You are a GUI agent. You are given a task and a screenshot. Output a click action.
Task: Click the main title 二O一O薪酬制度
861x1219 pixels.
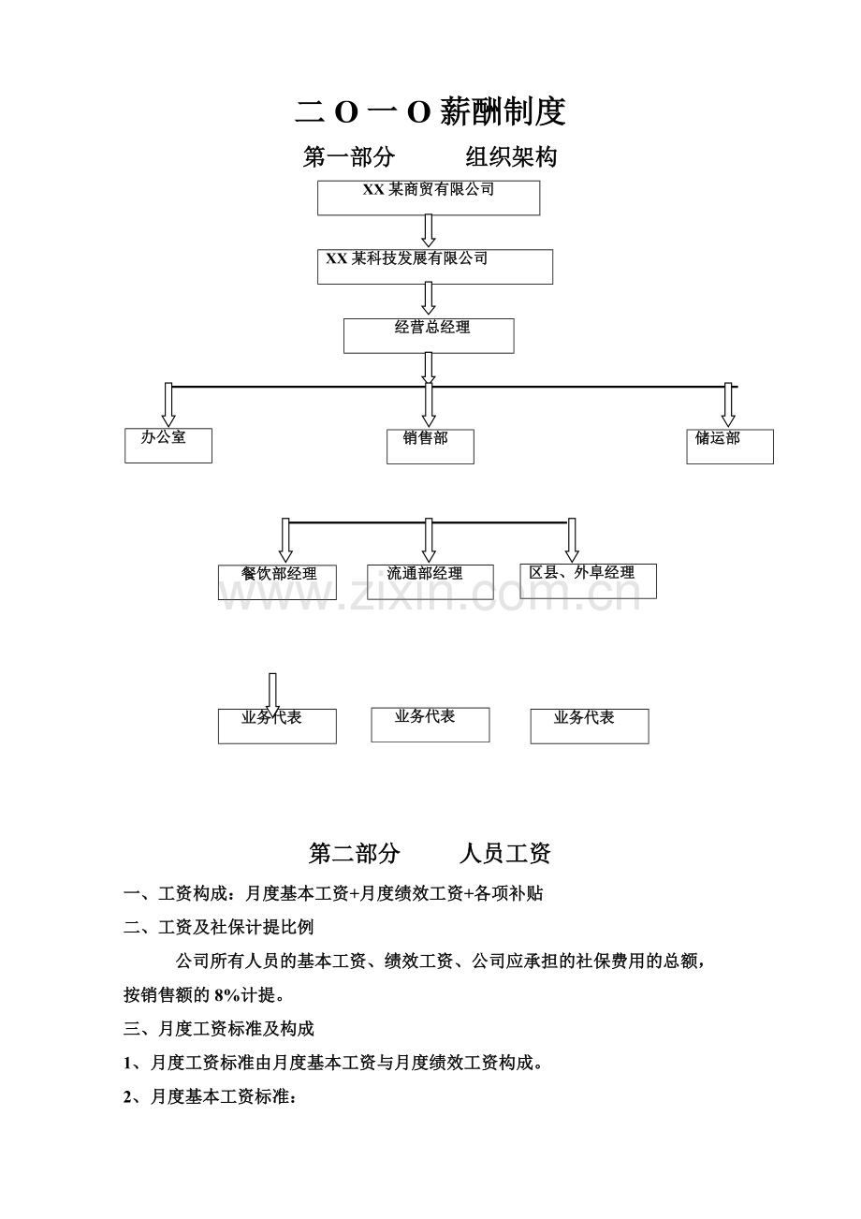click(430, 111)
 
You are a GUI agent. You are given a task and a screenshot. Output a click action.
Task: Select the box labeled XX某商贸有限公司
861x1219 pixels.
click(429, 198)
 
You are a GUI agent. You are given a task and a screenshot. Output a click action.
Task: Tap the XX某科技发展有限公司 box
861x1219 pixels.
click(435, 267)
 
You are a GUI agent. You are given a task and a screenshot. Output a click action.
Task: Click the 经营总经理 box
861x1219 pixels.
click(429, 336)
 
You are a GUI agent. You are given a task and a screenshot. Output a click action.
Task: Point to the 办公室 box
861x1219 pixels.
click(168, 446)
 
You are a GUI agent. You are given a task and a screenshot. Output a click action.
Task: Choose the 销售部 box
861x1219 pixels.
click(430, 447)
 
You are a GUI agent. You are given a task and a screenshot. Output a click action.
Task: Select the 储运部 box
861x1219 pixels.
click(730, 447)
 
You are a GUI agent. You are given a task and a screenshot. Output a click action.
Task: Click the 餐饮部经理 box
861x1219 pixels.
click(277, 582)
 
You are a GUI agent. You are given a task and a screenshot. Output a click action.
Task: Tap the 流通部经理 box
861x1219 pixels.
click(430, 582)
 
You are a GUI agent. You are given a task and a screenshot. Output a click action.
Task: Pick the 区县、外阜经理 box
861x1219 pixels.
click(588, 581)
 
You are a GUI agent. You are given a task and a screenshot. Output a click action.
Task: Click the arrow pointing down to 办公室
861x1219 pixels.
click(168, 404)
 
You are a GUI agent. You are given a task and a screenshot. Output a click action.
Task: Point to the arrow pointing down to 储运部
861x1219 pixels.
click(728, 404)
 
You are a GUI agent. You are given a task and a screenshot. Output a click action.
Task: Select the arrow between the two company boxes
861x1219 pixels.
click(429, 230)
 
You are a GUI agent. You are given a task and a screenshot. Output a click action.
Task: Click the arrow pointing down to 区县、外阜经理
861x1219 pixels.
click(572, 540)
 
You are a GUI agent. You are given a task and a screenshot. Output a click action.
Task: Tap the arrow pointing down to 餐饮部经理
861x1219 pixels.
click(285, 540)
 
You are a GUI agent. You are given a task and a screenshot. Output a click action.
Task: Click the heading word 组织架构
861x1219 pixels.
click(511, 157)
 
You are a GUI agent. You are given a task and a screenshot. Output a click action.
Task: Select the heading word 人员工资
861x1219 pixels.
click(505, 853)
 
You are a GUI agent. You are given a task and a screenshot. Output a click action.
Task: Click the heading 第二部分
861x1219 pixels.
click(354, 853)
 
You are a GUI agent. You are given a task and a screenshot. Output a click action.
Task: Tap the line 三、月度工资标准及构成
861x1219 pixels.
click(219, 1029)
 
